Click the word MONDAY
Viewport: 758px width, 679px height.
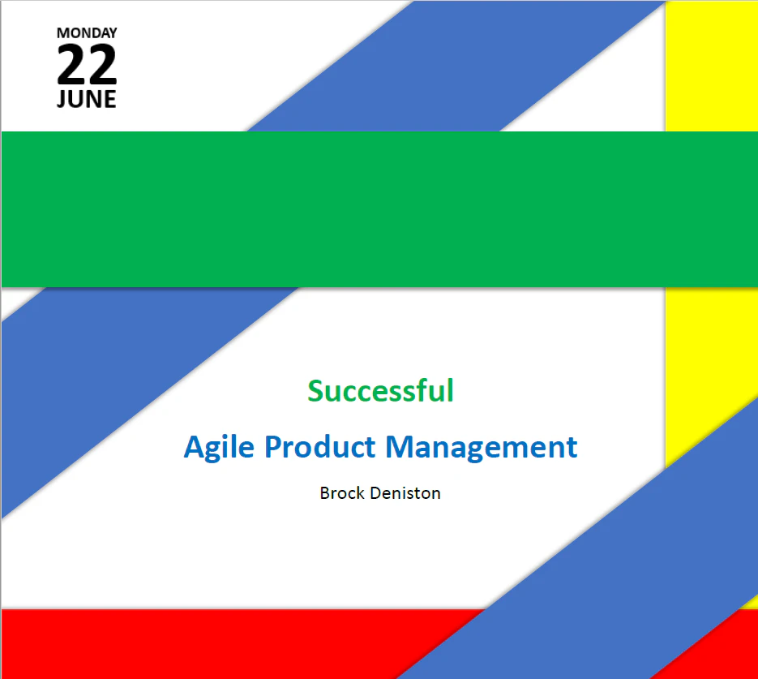87,33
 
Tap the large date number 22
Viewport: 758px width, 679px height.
87,66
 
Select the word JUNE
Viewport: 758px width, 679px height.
87,100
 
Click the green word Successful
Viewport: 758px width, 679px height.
380,391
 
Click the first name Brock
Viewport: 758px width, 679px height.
343,492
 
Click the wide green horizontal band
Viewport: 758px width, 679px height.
379,209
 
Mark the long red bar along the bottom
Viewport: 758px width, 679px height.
203,643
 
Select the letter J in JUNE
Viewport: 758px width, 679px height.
62,100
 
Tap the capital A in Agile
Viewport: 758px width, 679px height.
195,447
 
